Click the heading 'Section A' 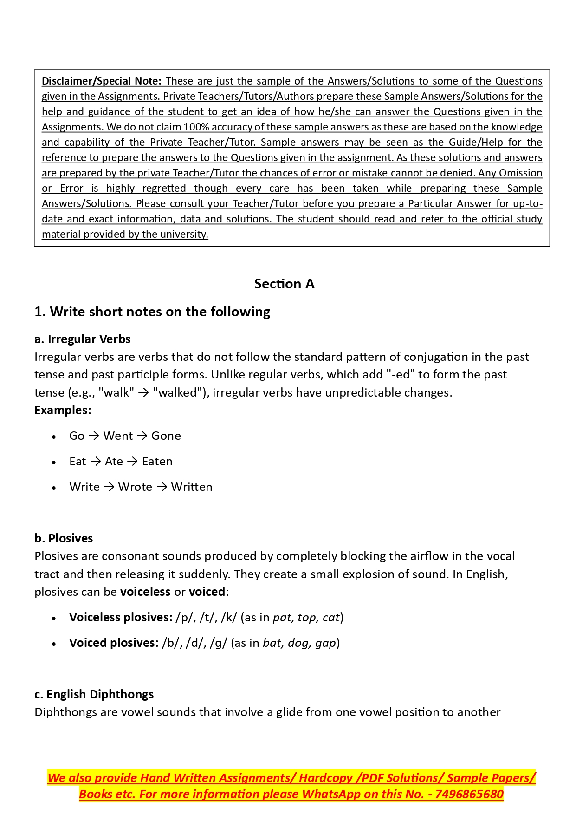284,284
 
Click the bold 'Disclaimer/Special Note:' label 102,81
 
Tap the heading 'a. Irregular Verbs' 82,339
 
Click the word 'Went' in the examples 118,436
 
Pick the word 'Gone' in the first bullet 166,436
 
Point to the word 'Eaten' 157,462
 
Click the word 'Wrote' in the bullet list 135,487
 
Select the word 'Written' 191,487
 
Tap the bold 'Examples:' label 63,411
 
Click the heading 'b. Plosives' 64,538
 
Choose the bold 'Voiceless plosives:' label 121,618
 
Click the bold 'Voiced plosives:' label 114,643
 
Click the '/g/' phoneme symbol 218,643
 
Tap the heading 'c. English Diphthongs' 94,694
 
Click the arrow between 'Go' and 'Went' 94,436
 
